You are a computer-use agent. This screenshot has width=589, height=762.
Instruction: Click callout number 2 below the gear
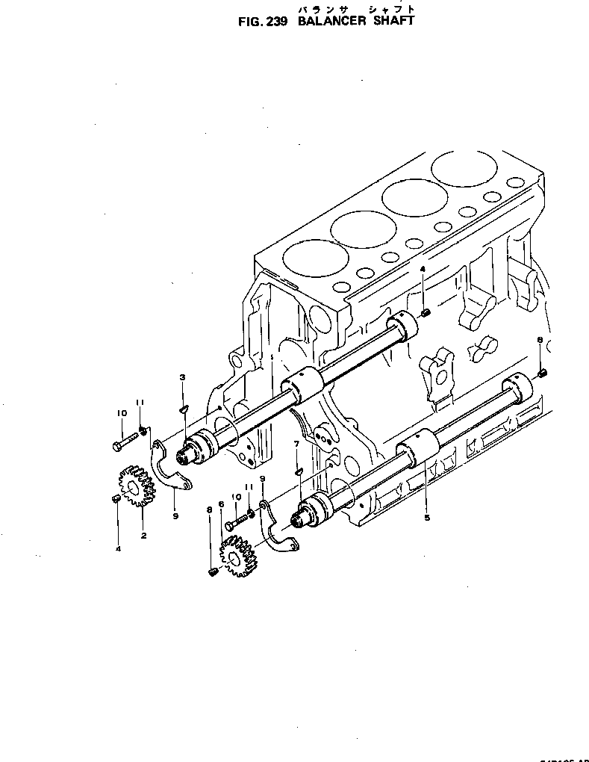(143, 535)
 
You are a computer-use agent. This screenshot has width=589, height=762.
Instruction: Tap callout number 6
(221, 504)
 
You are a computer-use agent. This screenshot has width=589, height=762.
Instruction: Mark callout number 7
(297, 444)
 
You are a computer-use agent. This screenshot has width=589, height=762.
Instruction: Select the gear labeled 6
(238, 557)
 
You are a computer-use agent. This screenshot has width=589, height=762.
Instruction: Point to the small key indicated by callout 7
(298, 471)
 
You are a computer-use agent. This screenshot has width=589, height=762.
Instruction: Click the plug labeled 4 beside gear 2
(116, 498)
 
